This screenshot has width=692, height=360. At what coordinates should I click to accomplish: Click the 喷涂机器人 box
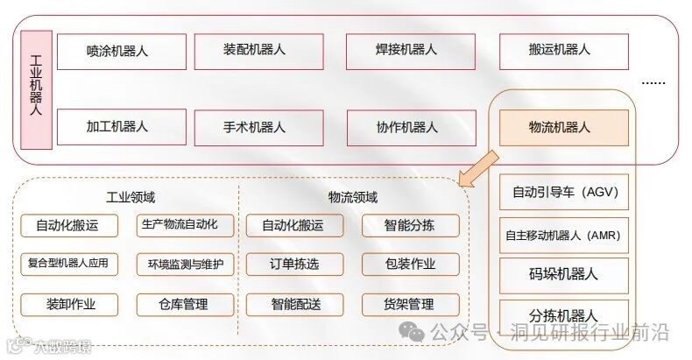click(x=121, y=52)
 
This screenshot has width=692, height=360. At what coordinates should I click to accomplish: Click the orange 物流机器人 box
click(x=564, y=127)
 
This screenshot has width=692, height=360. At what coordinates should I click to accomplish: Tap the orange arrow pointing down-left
click(x=479, y=167)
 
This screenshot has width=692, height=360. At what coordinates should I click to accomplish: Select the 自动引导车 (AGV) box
click(x=564, y=192)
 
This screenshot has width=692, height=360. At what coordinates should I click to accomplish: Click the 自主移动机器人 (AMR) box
click(x=564, y=236)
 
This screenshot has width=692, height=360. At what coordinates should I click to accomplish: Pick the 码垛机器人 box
click(x=564, y=274)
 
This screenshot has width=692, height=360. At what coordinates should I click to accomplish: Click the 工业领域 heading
click(x=131, y=198)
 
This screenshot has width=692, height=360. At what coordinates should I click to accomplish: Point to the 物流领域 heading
click(x=353, y=198)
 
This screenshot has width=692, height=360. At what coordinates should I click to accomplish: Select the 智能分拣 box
click(x=410, y=225)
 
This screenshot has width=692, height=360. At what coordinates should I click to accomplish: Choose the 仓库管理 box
click(x=185, y=304)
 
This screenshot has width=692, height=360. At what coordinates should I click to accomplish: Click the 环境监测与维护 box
click(x=185, y=264)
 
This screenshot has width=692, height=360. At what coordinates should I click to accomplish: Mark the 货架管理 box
click(x=410, y=304)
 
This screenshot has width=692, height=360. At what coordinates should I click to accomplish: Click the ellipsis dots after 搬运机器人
click(x=653, y=82)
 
